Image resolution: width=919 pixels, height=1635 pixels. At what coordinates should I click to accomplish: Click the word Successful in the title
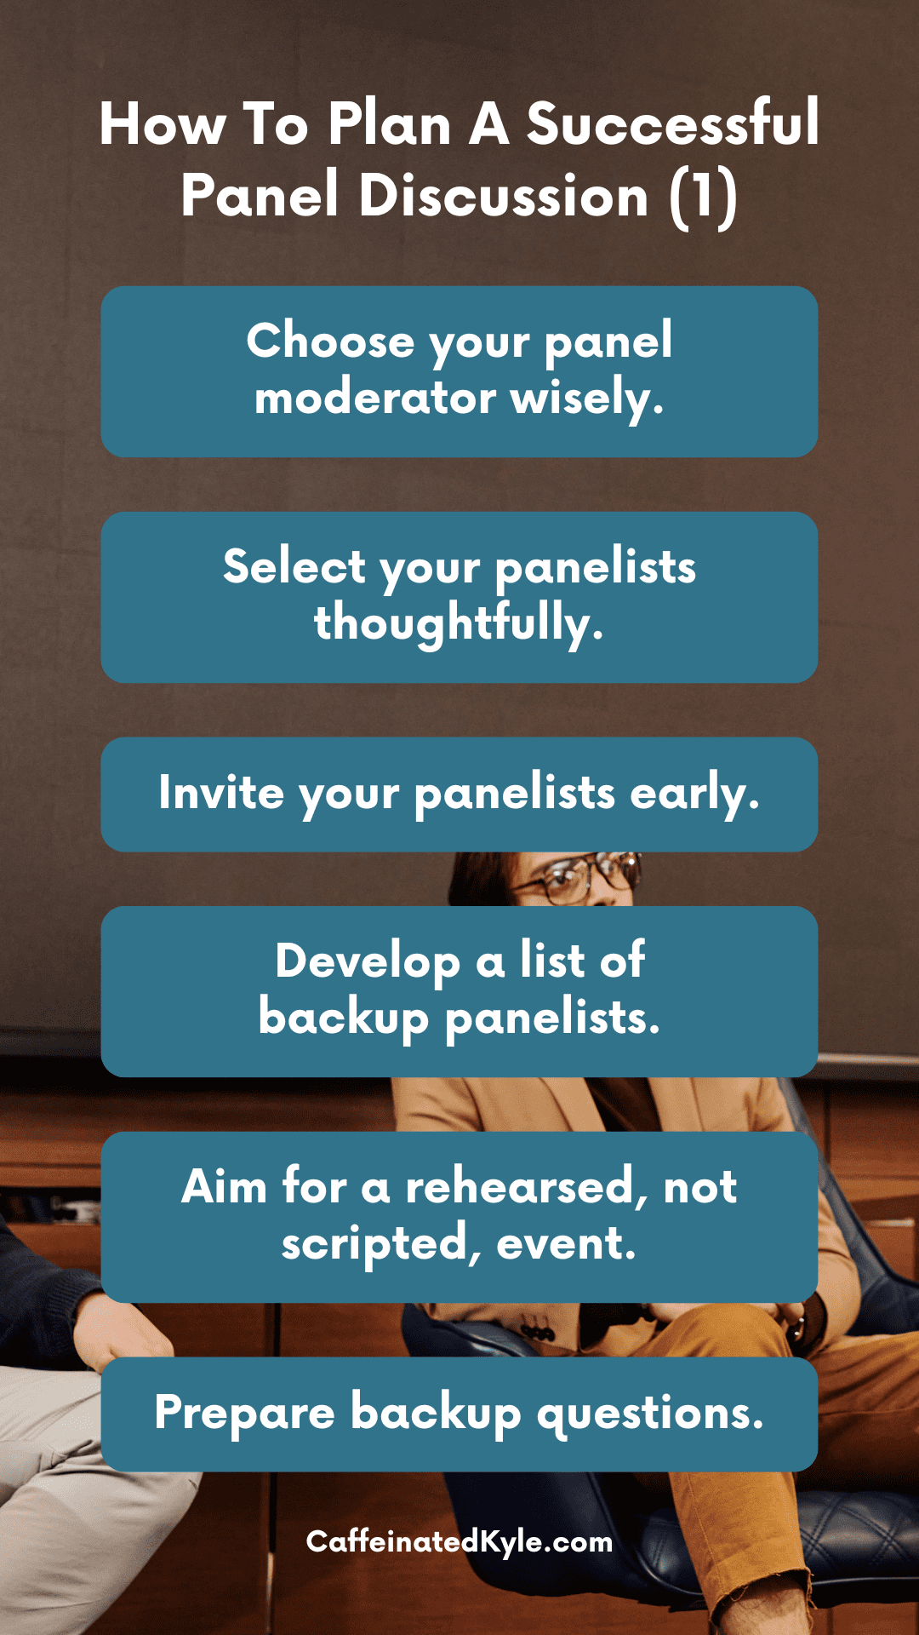[x=672, y=124]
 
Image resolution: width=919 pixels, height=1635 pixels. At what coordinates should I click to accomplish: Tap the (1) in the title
[x=703, y=197]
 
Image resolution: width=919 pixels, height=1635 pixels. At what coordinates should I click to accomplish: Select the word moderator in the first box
[x=375, y=398]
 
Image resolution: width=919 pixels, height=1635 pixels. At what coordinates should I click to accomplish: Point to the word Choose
[x=330, y=341]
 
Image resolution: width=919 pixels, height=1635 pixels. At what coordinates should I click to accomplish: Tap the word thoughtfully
[x=459, y=623]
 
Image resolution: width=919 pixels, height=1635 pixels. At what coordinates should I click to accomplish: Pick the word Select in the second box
[x=294, y=567]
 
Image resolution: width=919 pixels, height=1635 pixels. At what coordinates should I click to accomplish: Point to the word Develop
[x=368, y=962]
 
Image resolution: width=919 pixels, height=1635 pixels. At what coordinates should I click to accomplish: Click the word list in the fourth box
[x=552, y=961]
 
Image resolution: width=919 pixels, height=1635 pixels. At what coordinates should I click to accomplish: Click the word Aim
[x=224, y=1186]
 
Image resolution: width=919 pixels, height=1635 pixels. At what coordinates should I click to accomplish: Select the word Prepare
[x=245, y=1414]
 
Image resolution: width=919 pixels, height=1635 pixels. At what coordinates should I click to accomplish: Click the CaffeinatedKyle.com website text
[x=459, y=1541]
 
